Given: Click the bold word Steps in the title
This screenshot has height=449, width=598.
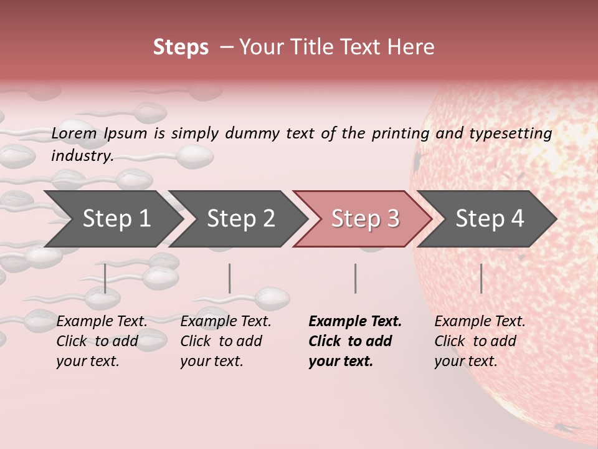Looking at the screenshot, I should click(x=181, y=47).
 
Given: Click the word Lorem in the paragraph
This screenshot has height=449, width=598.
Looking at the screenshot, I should click(x=74, y=133).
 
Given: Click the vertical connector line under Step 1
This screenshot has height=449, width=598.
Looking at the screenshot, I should click(x=105, y=278).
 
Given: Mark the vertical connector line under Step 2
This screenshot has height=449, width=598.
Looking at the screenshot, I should click(x=230, y=278).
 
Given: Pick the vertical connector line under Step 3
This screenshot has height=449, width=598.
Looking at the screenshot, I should click(x=355, y=278).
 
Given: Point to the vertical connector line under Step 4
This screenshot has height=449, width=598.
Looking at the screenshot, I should click(x=481, y=278).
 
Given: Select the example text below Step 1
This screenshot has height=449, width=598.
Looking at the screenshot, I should click(x=102, y=341).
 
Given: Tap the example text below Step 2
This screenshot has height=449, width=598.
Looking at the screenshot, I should click(x=225, y=341).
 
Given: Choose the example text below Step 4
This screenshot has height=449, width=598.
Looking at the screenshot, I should click(x=479, y=341).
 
